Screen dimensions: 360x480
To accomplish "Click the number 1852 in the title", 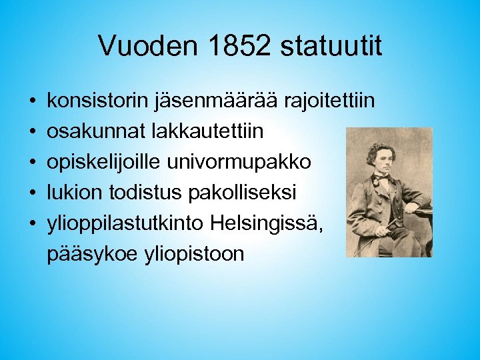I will [239, 46].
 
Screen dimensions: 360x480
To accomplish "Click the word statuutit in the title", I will [331, 46].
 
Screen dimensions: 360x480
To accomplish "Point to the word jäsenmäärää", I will [218, 102].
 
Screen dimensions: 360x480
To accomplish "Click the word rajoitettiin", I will [329, 102].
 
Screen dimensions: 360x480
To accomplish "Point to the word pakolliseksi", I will [243, 193].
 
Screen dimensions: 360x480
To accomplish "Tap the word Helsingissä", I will [267, 223].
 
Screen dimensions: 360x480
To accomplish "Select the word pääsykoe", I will [93, 254].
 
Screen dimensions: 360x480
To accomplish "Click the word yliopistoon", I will [194, 254].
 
